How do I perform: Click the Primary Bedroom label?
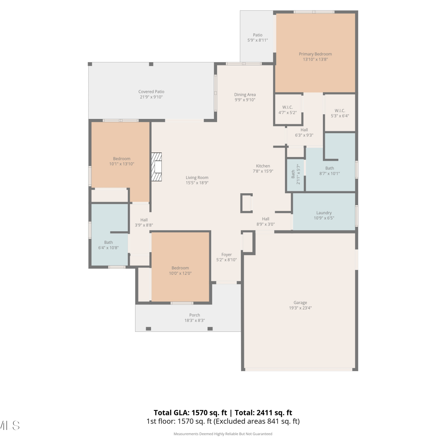pos(315,54)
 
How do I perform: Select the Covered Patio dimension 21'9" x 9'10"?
pos(151,97)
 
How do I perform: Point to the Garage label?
pos(300,303)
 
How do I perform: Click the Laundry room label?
pos(324,213)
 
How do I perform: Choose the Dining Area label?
pos(245,95)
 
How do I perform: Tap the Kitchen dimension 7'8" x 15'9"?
pos(263,171)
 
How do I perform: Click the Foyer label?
pos(227,255)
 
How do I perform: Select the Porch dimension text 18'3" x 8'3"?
pos(195,321)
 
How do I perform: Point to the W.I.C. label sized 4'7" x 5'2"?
pos(288,107)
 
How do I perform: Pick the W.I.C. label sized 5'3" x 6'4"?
pos(340,111)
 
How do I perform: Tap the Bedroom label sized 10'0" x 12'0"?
pos(180,268)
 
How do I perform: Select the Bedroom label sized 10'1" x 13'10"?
pos(122,159)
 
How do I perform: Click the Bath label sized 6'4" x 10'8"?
pos(109,243)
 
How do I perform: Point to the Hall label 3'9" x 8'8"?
pos(144,220)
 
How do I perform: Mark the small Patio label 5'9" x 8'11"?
pos(258,35)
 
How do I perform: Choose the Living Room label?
pos(197,178)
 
